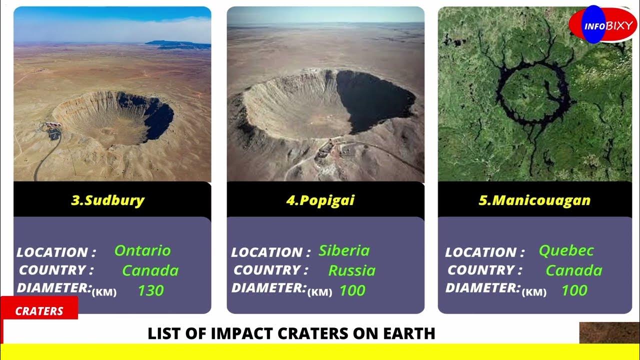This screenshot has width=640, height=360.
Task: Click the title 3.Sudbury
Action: point(107,200)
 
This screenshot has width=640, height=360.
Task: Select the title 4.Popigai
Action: point(320,200)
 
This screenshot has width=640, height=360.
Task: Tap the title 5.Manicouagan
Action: point(534,200)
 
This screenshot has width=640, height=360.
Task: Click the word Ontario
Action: point(142,250)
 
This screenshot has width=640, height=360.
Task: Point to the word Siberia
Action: point(344,250)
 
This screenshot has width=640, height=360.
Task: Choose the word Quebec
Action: point(566,250)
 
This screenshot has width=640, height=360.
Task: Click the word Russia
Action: point(351,270)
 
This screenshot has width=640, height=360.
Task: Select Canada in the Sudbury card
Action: point(150,270)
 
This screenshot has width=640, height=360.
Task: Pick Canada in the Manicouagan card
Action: point(573,270)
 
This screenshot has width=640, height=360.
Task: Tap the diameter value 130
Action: point(150,290)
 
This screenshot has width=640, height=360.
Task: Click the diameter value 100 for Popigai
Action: point(352,290)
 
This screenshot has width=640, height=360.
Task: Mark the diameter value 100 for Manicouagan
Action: point(574,290)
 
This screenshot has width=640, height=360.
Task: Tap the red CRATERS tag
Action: point(39,311)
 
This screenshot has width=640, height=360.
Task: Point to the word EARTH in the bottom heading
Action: point(410,333)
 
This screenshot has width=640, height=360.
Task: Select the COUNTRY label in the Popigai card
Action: point(270,270)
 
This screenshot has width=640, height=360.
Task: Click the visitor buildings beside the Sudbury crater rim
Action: point(52,129)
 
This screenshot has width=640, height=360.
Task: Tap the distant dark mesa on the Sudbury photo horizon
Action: point(175,44)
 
